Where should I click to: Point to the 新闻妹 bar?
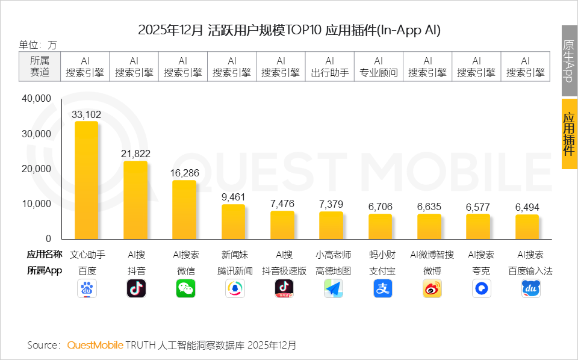pyautogui.click(x=233, y=222)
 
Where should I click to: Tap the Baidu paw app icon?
pyautogui.click(x=87, y=289)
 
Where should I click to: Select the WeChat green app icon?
pyautogui.click(x=185, y=289)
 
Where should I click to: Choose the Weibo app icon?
pyautogui.click(x=431, y=289)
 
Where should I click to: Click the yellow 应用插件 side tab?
pyautogui.click(x=569, y=134)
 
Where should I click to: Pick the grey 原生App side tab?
pyautogui.click(x=569, y=61)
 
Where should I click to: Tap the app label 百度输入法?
pyautogui.click(x=530, y=271)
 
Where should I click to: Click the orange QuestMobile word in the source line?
pyautogui.click(x=95, y=345)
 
